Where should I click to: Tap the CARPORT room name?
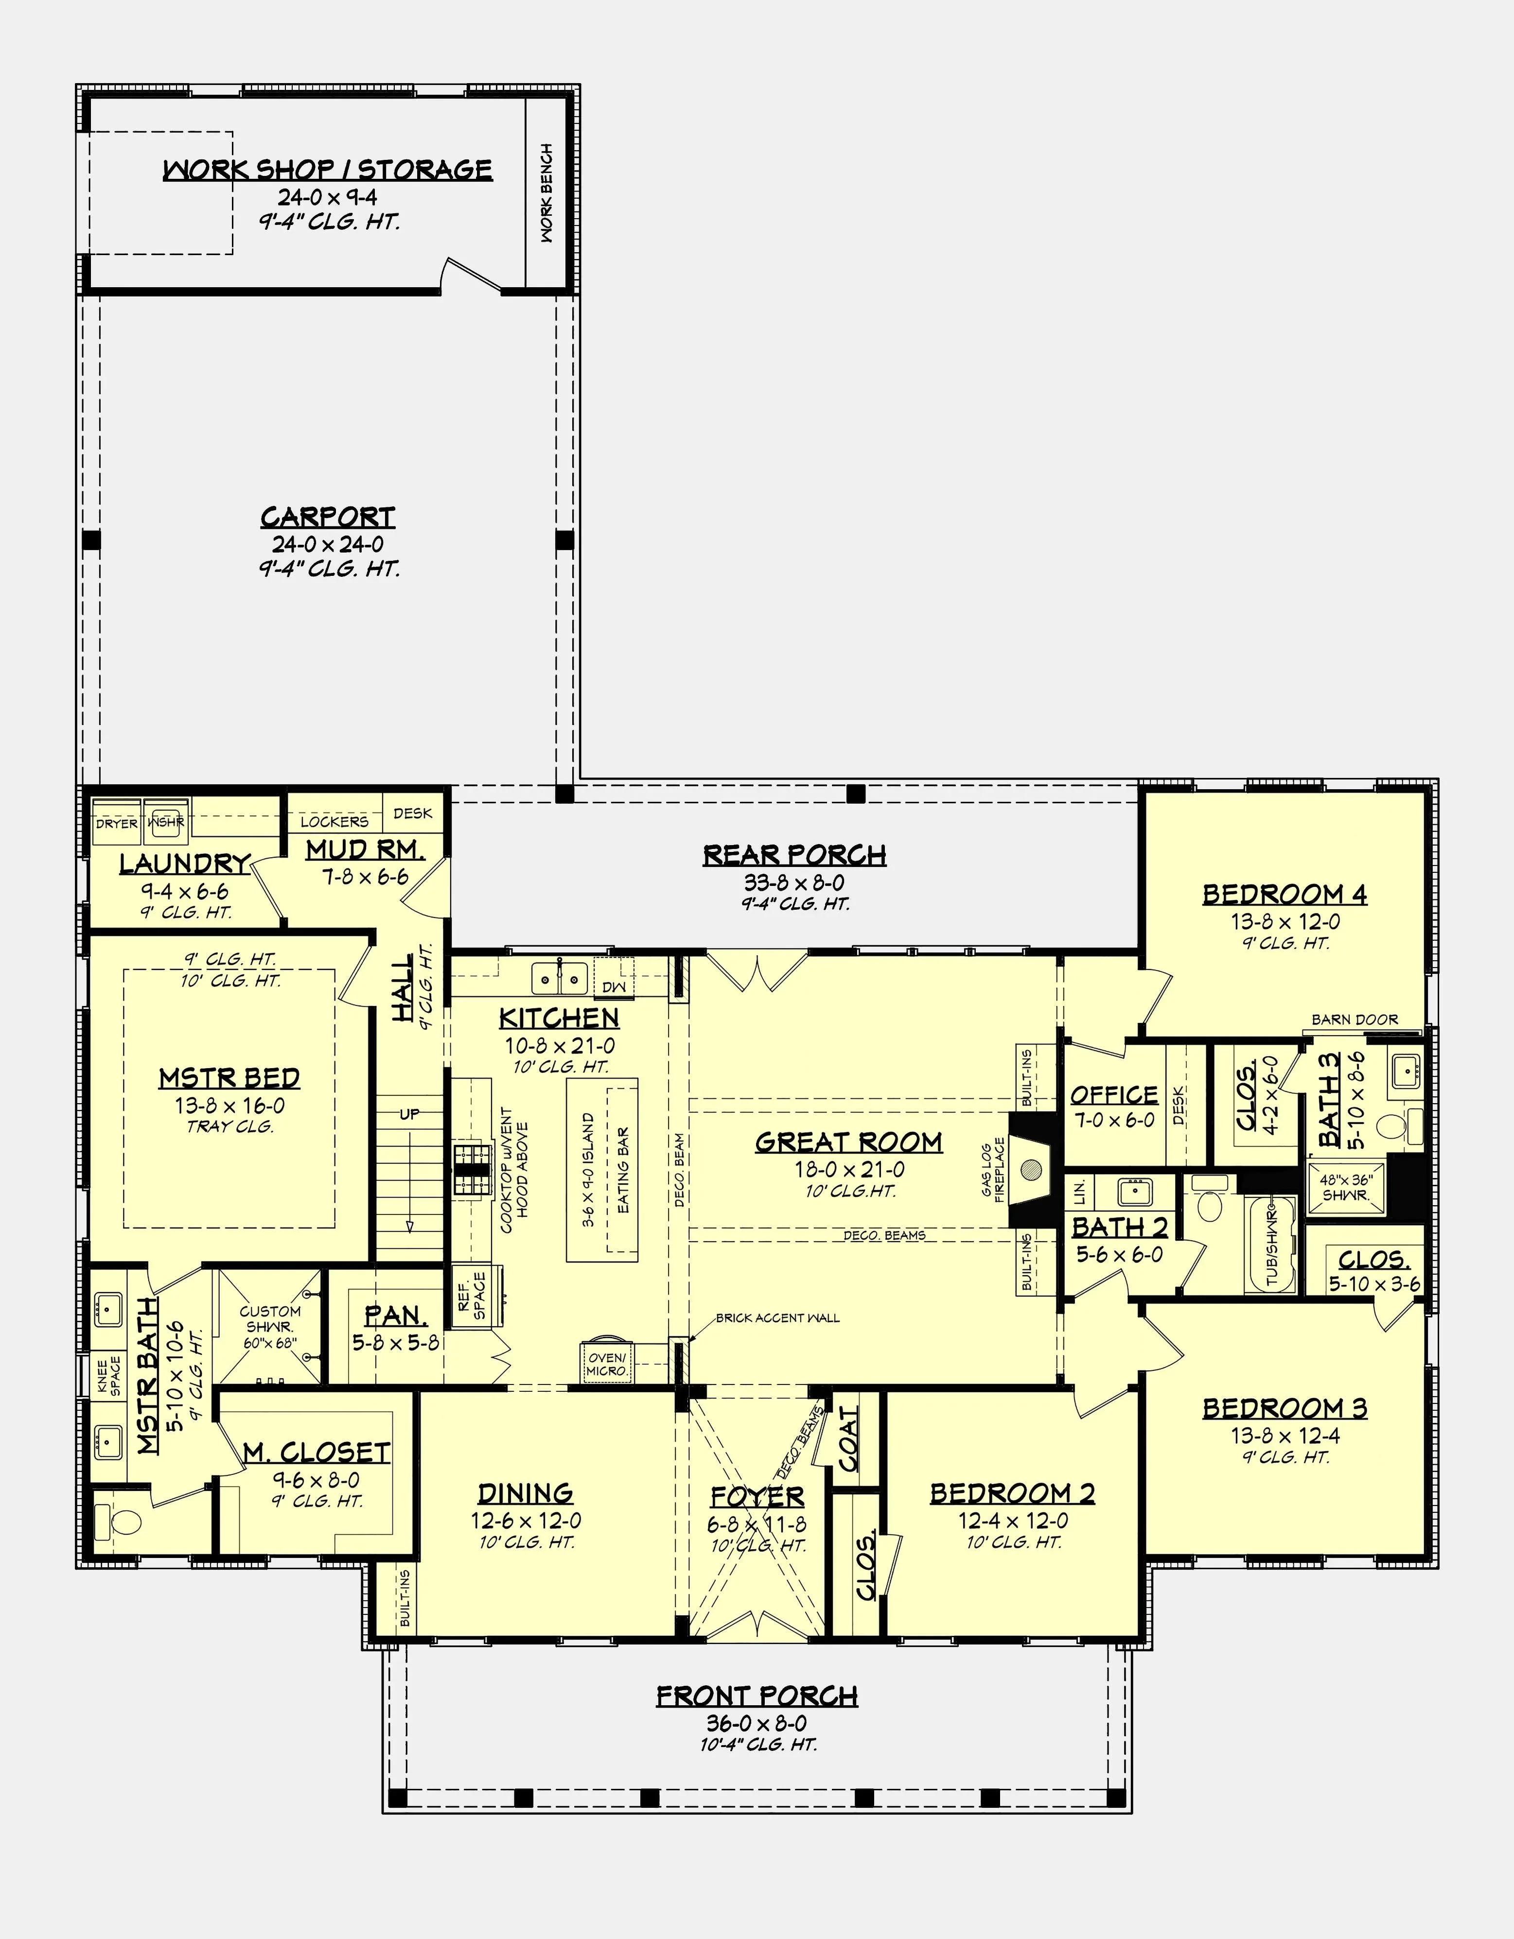pyautogui.click(x=328, y=517)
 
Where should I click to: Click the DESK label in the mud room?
pyautogui.click(x=413, y=813)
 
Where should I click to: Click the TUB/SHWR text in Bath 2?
pyautogui.click(x=1271, y=1244)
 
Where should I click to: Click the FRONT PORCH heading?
pyautogui.click(x=757, y=1696)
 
